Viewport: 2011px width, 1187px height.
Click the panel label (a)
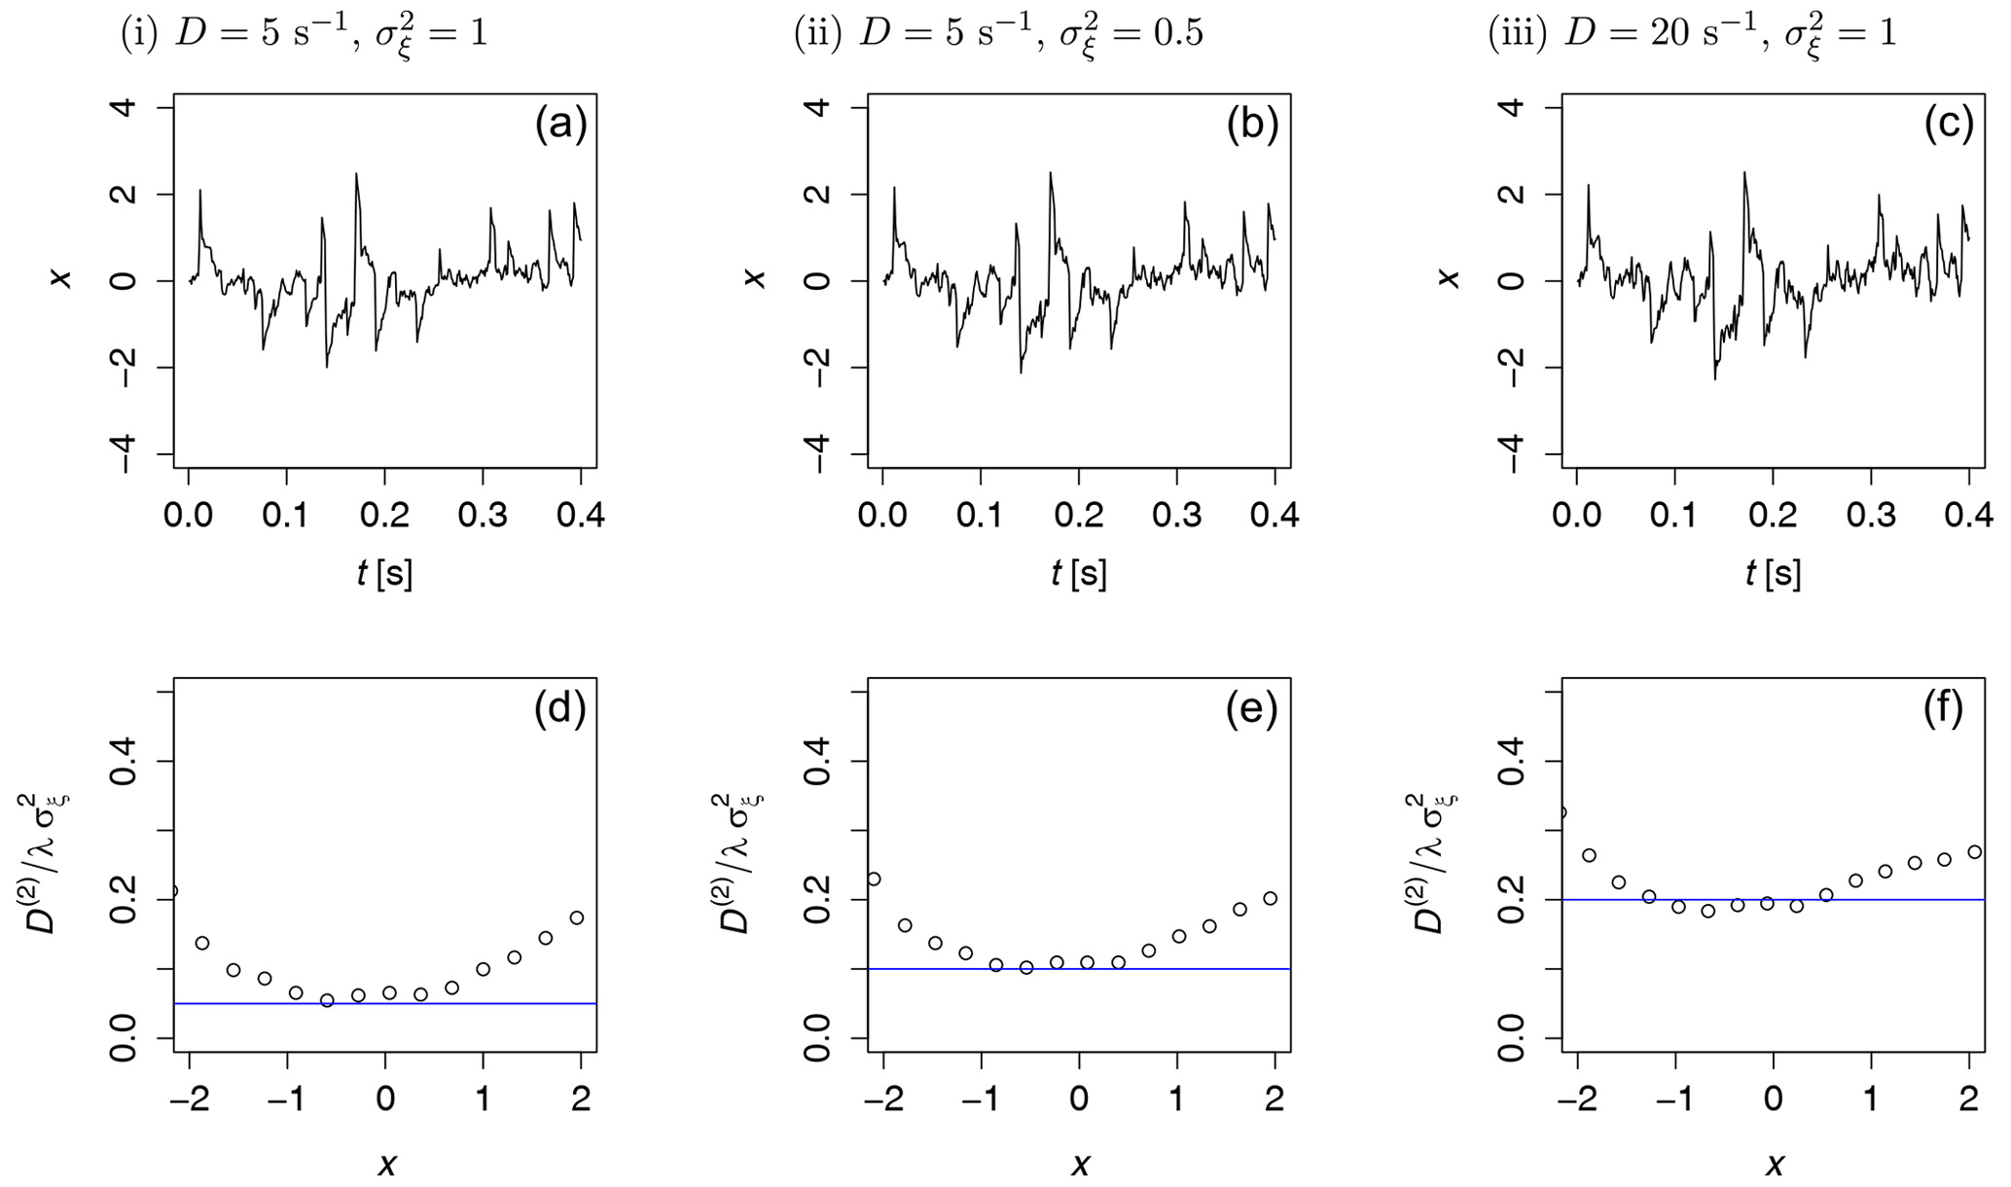pyautogui.click(x=560, y=126)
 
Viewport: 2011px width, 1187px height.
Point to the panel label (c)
pyautogui.click(x=1949, y=126)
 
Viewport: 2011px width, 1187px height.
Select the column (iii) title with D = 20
pyautogui.click(x=1692, y=35)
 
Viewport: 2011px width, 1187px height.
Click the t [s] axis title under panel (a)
pyautogui.click(x=384, y=574)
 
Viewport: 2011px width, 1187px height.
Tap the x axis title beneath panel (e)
pyautogui.click(x=1080, y=1164)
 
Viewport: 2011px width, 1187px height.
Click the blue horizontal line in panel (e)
pyautogui.click(x=1167, y=969)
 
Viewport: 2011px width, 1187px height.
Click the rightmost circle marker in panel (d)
pyautogui.click(x=576, y=917)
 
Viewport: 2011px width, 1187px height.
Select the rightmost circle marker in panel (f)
pyautogui.click(x=1974, y=852)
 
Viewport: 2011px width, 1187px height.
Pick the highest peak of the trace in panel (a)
pyautogui.click(x=356, y=174)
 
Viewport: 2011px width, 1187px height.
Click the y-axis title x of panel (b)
pyautogui.click(x=754, y=280)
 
